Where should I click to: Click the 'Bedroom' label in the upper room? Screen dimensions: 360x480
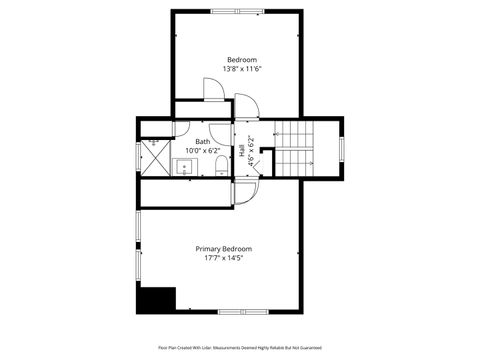240,60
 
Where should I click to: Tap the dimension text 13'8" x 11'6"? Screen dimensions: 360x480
240,69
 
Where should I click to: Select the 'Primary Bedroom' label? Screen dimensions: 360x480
223,248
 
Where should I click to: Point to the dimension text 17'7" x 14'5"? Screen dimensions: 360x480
223,258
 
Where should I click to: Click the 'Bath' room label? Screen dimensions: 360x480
203,141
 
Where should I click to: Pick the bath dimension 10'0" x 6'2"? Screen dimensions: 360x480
203,150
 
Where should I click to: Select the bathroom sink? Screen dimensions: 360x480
184,166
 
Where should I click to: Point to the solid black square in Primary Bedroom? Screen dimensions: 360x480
157,300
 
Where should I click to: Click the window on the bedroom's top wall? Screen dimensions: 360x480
239,11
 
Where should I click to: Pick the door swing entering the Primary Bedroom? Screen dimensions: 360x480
246,191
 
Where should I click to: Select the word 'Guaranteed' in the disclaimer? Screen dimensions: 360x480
308,347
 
